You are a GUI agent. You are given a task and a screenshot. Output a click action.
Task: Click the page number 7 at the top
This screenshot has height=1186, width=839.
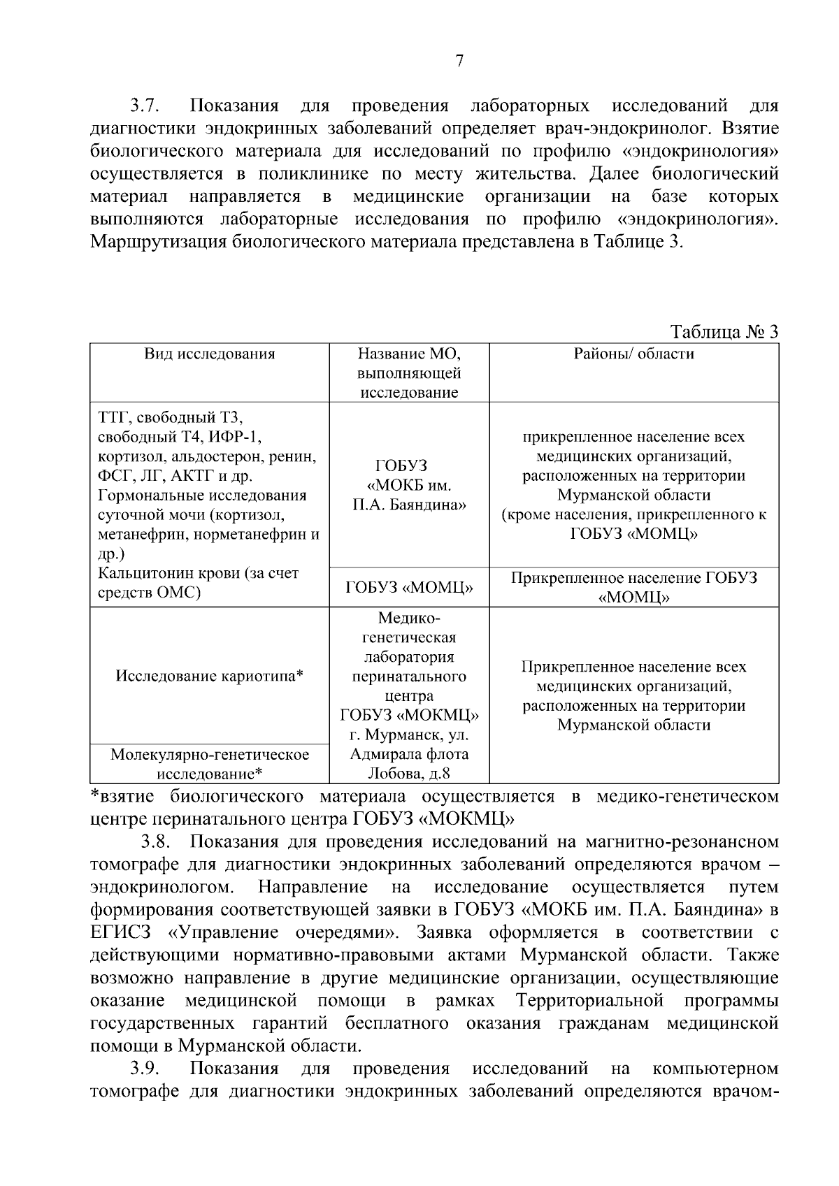pyautogui.click(x=459, y=62)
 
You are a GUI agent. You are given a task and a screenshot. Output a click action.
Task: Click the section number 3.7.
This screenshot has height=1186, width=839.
pyautogui.click(x=145, y=107)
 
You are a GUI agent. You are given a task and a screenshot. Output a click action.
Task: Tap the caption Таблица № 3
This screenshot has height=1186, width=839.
pyautogui.click(x=724, y=331)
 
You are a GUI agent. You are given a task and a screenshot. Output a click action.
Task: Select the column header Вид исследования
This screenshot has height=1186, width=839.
pyautogui.click(x=209, y=354)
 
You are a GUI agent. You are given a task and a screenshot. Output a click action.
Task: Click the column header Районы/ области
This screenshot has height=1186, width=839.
pyautogui.click(x=633, y=354)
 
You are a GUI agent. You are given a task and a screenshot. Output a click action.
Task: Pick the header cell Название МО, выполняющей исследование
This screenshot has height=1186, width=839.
pyautogui.click(x=409, y=373)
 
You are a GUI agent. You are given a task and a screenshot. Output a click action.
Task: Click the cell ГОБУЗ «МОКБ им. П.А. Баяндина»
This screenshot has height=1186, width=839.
pyautogui.click(x=409, y=485)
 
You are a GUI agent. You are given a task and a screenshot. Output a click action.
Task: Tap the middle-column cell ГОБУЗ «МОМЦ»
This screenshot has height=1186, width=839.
pyautogui.click(x=409, y=588)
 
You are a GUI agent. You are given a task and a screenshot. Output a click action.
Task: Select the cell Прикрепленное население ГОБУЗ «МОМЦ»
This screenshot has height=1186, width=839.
pyautogui.click(x=633, y=588)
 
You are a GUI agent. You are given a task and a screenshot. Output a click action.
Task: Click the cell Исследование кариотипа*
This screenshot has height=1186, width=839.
pyautogui.click(x=209, y=676)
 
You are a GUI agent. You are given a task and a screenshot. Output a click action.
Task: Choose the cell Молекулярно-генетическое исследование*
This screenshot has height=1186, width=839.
pyautogui.click(x=209, y=764)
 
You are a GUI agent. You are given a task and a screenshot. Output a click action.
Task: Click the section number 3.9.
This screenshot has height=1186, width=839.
pyautogui.click(x=145, y=1069)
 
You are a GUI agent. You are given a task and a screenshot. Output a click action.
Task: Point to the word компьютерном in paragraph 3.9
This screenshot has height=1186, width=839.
pyautogui.click(x=715, y=1069)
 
